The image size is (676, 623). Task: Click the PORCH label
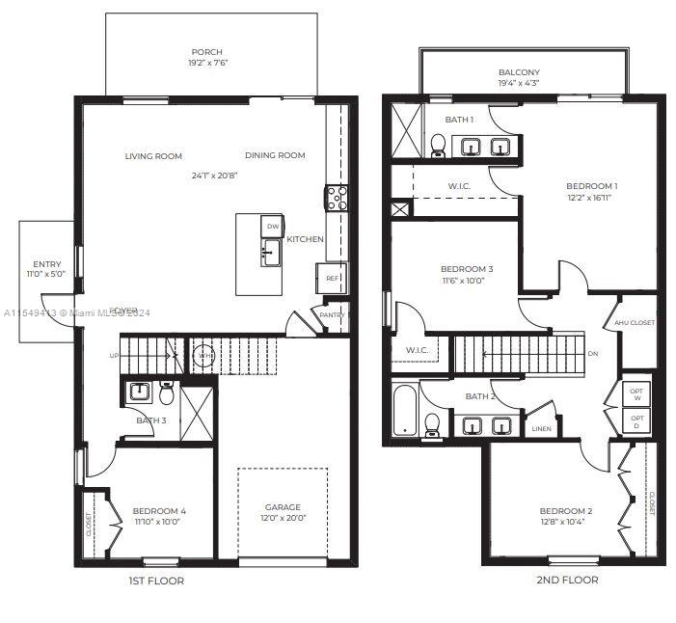pyautogui.click(x=207, y=52)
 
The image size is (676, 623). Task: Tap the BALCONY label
pyautogui.click(x=519, y=72)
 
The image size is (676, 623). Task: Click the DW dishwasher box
pyautogui.click(x=273, y=227)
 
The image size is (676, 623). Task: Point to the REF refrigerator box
pyautogui.click(x=332, y=278)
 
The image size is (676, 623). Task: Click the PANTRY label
pyautogui.click(x=332, y=314)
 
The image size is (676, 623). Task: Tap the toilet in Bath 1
pyautogui.click(x=438, y=146)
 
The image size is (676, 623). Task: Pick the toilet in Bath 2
pyautogui.click(x=433, y=423)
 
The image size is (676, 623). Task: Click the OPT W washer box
pyautogui.click(x=635, y=394)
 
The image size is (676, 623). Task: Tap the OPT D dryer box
pyautogui.click(x=635, y=420)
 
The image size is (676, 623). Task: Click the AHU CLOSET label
pyautogui.click(x=635, y=323)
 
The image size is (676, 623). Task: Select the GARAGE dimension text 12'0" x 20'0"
pyautogui.click(x=284, y=518)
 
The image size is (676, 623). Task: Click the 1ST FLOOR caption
pyautogui.click(x=156, y=581)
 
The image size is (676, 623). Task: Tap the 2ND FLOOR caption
pyautogui.click(x=567, y=580)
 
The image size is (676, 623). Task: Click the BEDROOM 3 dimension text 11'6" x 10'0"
pyautogui.click(x=467, y=281)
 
